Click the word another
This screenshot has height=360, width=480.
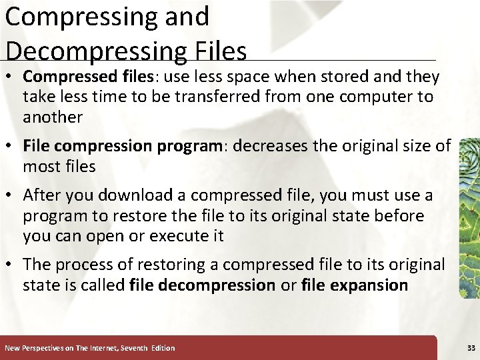pyautogui.click(x=53, y=117)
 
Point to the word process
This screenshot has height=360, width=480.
pyautogui.click(x=83, y=265)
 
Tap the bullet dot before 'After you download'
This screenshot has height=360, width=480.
pyautogui.click(x=11, y=196)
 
